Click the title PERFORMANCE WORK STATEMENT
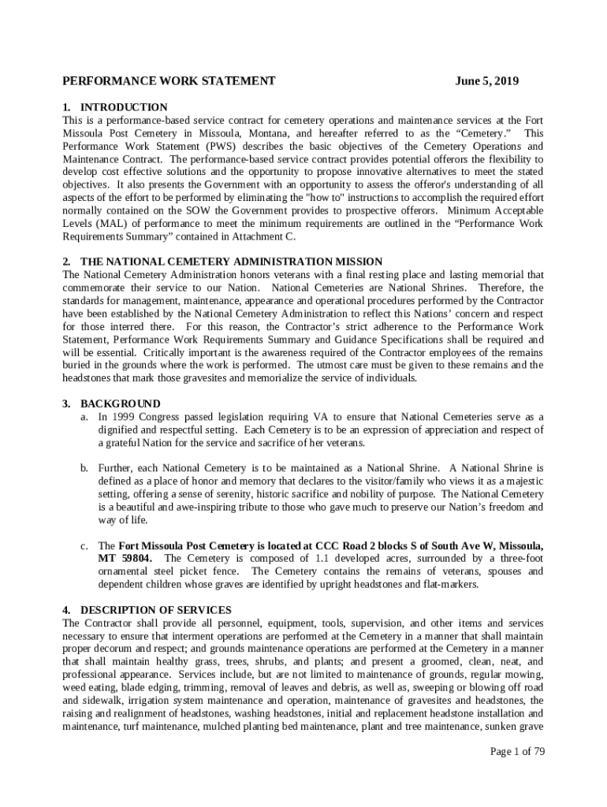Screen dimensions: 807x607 pos(169,81)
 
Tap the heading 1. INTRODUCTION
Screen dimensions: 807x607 pos(115,107)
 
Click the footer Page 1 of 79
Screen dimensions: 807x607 pos(517,751)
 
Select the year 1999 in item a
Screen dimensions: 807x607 pos(125,417)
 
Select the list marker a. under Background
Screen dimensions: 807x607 pos(83,417)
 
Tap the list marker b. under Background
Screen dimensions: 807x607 pos(83,468)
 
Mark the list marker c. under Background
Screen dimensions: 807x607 pos(83,545)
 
